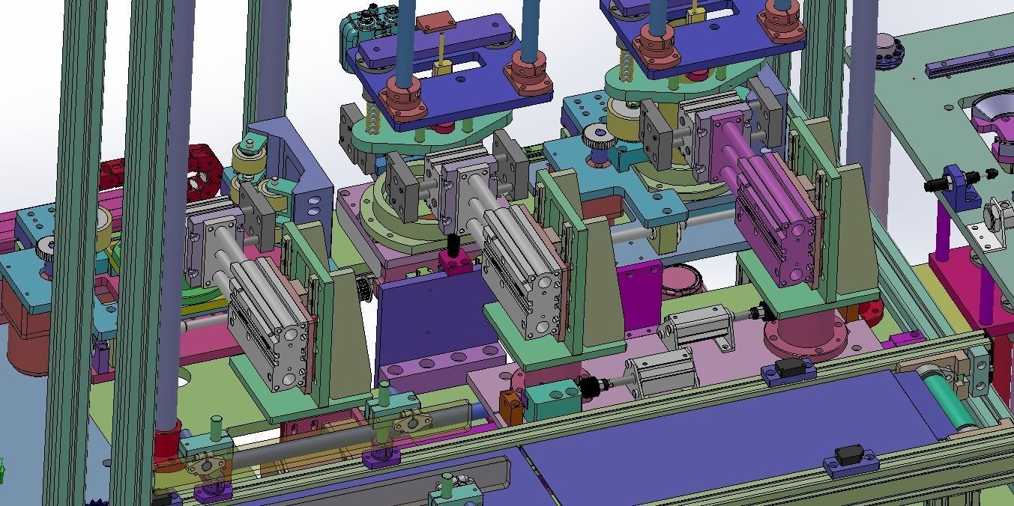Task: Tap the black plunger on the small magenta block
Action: (x=453, y=246)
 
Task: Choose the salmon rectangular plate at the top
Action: (x=435, y=22)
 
